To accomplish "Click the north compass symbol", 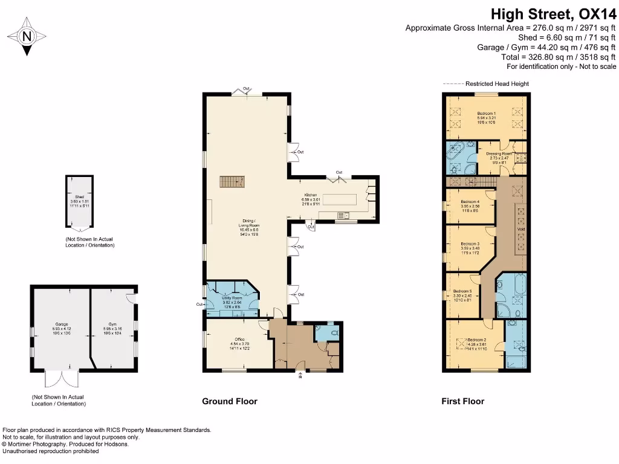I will pos(26,36).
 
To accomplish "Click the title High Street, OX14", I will pos(553,13).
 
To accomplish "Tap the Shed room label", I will pos(79,197).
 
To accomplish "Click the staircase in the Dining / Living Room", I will pos(230,181).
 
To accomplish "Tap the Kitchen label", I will pos(311,195).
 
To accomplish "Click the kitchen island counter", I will pos(345,200).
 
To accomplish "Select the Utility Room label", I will pos(233,298).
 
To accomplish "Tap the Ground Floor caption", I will pos(229,401).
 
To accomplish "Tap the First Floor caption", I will pos(462,401).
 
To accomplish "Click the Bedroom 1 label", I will pos(486,114).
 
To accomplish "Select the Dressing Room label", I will pos(499,153).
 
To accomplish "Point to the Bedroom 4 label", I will pos(470,202).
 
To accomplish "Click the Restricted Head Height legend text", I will pos(497,83).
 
